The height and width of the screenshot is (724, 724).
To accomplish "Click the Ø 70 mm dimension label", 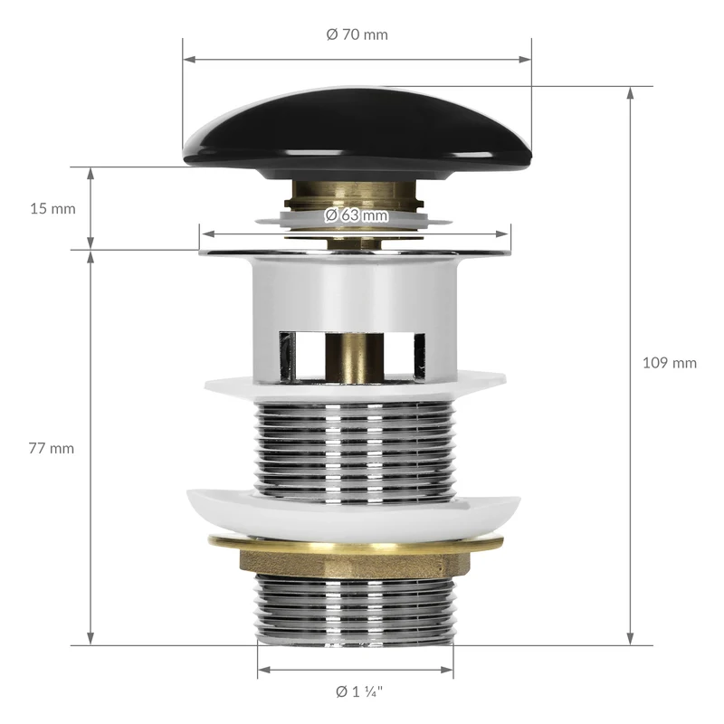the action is click(357, 34).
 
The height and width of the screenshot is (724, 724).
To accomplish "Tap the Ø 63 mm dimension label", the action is click(356, 215).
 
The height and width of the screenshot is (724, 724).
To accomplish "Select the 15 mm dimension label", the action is click(52, 209).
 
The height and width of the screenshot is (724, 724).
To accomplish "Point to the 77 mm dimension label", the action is click(52, 448).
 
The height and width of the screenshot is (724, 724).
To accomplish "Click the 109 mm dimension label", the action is click(670, 363).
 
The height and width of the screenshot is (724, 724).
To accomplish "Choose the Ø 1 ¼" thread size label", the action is click(359, 691).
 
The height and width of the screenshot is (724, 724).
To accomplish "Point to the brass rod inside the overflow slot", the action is click(355, 357).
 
